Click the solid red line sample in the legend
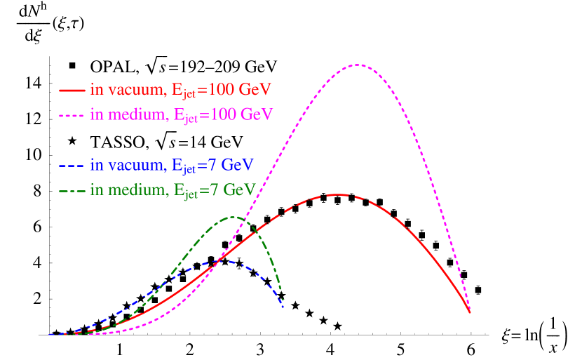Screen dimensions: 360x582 [72, 91]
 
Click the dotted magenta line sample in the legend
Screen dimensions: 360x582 [72, 115]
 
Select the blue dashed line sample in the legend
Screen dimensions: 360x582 [72, 166]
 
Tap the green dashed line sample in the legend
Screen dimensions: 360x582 [72, 191]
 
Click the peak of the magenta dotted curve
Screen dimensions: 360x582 [358, 65]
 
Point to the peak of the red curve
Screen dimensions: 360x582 [339, 194]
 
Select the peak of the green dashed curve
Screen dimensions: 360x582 [234, 217]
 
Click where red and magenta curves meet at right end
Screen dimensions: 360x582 [470, 312]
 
